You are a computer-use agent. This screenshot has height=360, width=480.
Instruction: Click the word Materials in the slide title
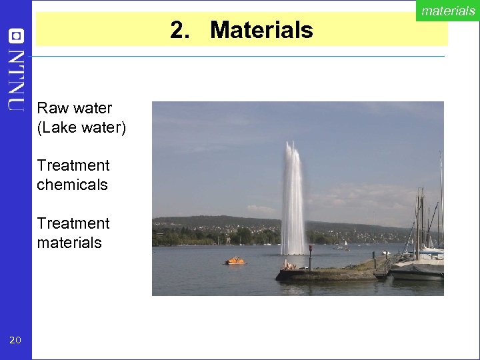click(261, 30)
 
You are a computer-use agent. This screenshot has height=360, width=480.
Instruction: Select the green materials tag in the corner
click(447, 11)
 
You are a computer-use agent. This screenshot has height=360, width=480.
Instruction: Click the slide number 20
click(15, 341)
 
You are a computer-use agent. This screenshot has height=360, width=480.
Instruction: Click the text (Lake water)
click(81, 127)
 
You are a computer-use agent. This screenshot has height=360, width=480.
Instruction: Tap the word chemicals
click(72, 185)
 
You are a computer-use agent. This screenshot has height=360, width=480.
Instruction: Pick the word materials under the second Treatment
click(69, 243)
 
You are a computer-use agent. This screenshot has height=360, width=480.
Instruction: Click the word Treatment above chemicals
click(73, 165)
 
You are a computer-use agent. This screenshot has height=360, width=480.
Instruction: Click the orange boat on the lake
click(235, 261)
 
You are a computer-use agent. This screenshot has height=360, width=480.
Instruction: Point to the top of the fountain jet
click(291, 145)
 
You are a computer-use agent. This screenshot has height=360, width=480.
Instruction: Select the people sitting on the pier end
click(288, 265)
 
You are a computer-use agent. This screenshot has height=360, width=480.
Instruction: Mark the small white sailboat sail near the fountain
click(345, 244)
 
